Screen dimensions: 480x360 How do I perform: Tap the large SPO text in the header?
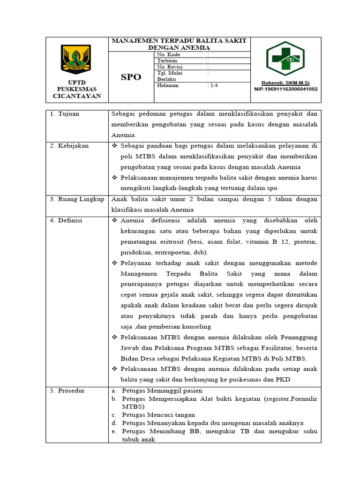point(131,77)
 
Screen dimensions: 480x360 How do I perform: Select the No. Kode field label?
point(169,55)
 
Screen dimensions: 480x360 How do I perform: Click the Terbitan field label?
point(167,61)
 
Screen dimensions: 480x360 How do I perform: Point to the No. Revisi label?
point(169,67)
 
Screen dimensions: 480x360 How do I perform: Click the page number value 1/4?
point(212,85)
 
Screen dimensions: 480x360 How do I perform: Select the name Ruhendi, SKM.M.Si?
point(285,82)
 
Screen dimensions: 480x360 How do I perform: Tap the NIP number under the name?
point(285,89)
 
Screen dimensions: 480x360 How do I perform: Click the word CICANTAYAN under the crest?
point(76,96)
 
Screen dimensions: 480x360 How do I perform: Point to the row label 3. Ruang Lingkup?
point(77,199)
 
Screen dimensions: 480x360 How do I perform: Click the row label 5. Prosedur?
point(68,390)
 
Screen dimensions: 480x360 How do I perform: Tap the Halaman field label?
point(168,85)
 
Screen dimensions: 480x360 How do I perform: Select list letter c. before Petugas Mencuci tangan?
point(113,415)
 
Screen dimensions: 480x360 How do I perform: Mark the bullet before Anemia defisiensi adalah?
point(115,220)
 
